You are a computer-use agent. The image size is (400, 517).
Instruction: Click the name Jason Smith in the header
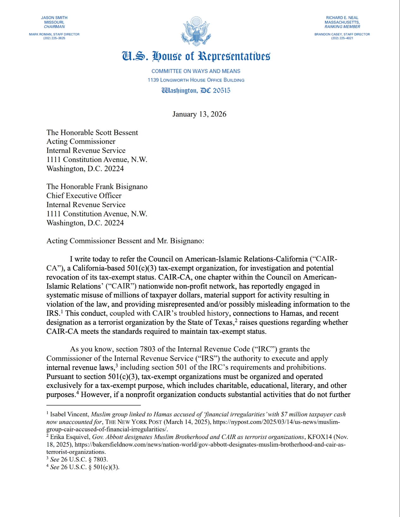click(54, 18)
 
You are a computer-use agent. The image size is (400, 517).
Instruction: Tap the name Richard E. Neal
click(342, 18)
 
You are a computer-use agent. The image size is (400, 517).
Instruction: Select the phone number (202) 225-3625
click(54, 38)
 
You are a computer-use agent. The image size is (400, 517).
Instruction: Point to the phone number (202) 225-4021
click(342, 38)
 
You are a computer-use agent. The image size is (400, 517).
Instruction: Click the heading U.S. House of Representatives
click(196, 56)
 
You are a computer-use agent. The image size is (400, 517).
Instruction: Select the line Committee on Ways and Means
click(196, 71)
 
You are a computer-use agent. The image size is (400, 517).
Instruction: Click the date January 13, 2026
click(199, 114)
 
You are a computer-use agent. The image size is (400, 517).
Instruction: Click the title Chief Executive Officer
click(84, 195)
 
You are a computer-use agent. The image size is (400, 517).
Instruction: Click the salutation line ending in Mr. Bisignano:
click(125, 241)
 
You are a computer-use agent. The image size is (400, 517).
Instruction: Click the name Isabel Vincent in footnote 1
click(69, 414)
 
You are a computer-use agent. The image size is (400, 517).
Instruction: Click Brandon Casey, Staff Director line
click(342, 34)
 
